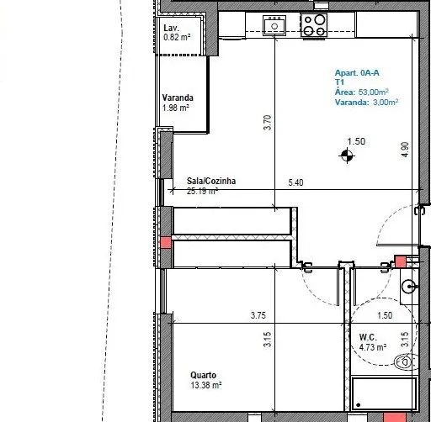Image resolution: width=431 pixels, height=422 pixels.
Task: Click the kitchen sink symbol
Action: tap(274, 25)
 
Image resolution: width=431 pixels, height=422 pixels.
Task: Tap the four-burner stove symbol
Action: tap(314, 25)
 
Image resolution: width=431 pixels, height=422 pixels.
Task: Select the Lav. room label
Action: tap(171, 28)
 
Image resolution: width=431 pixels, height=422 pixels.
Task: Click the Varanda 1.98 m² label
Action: tap(178, 103)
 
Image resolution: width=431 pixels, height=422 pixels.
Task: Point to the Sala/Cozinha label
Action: tap(211, 181)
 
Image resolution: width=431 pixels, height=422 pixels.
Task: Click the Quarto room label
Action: tap(203, 375)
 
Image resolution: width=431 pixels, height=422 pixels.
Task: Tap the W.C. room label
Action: tap(368, 337)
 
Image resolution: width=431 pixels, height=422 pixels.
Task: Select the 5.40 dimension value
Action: tap(295, 182)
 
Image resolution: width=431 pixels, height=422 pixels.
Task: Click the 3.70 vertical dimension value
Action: tap(268, 123)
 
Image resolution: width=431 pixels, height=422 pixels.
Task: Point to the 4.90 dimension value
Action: tap(405, 150)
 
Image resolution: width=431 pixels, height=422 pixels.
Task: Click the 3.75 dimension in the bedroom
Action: tap(258, 315)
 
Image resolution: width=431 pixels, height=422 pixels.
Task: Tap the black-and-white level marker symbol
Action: tap(347, 156)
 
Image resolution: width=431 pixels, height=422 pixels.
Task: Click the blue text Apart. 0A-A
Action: tap(357, 73)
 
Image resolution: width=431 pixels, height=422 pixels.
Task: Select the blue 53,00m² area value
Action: tap(374, 92)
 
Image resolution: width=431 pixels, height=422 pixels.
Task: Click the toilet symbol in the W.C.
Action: tap(406, 362)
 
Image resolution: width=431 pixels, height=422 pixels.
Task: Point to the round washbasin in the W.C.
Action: tap(409, 287)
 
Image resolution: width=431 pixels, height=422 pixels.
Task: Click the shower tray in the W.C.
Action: tap(384, 394)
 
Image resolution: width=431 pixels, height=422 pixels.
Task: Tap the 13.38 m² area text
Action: tap(206, 385)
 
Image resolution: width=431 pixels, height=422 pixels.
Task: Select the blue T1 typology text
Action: tap(339, 82)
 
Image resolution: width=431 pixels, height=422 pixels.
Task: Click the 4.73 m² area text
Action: tap(373, 347)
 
